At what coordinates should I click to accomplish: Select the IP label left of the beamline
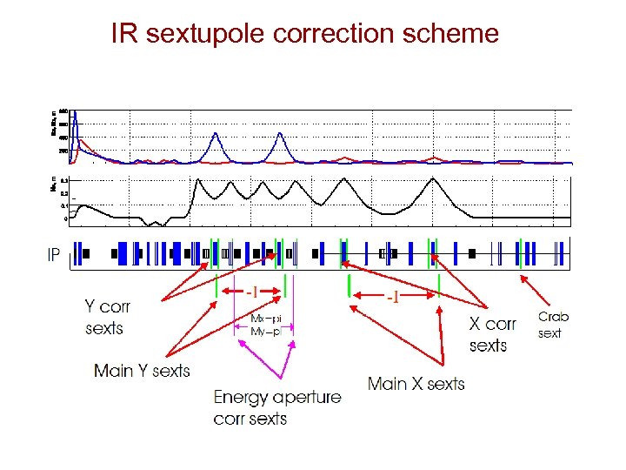(x=54, y=256)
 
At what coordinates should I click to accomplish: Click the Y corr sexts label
(x=106, y=317)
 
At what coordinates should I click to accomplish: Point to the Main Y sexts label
(x=142, y=371)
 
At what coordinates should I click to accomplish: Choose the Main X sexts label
(x=416, y=384)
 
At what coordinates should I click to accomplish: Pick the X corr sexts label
(x=492, y=334)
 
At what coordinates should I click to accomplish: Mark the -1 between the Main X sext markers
(x=393, y=297)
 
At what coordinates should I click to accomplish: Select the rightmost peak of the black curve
(x=433, y=180)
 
